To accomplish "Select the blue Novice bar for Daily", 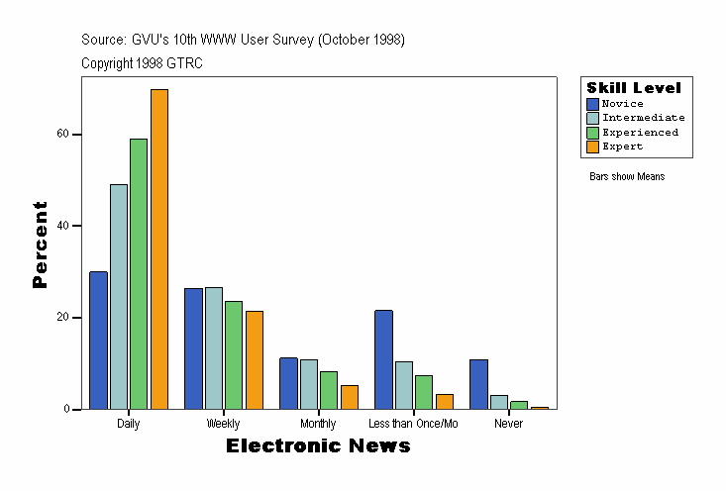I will tap(98, 341).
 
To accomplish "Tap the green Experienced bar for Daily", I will tap(139, 274).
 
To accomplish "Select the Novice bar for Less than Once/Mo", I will tap(383, 359).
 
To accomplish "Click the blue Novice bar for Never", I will tap(478, 384).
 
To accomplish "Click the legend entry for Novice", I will tap(622, 104).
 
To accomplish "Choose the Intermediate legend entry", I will tap(643, 118).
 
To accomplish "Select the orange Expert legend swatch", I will tap(593, 147).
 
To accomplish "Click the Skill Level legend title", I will tap(634, 88).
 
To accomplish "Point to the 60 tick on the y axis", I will tap(63, 135).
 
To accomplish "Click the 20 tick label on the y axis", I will tap(63, 318).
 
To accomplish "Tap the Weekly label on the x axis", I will tap(223, 424).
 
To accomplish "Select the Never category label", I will tap(508, 424).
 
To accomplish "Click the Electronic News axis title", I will tap(318, 446).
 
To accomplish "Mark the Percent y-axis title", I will tap(40, 245).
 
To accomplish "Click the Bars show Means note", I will tap(627, 177).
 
